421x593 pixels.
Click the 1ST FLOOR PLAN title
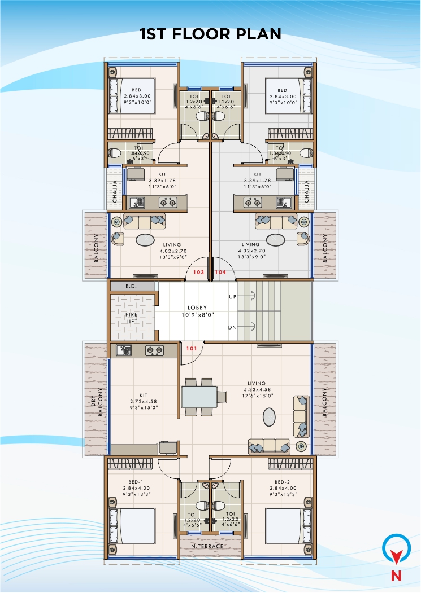pyautogui.click(x=210, y=34)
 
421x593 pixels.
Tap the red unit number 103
pyautogui.click(x=198, y=272)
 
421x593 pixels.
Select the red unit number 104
pyautogui.click(x=220, y=272)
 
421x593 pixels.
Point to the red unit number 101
pyautogui.click(x=192, y=349)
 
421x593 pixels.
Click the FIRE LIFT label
pyautogui.click(x=133, y=317)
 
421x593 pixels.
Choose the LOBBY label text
pyautogui.click(x=197, y=308)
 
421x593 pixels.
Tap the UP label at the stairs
pyautogui.click(x=232, y=296)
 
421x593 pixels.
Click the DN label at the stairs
pyautogui.click(x=232, y=327)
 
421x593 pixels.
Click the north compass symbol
pyautogui.click(x=397, y=550)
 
